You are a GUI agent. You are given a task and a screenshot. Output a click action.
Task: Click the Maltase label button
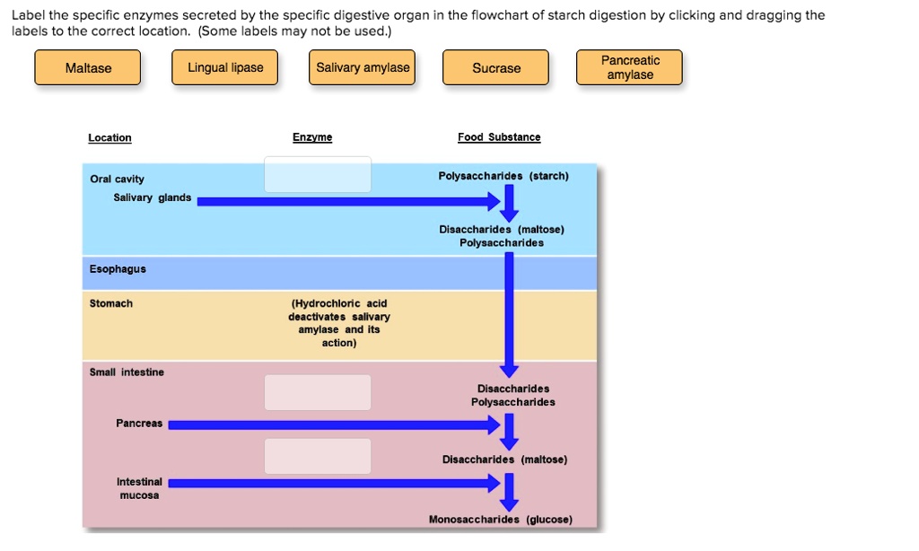(88, 68)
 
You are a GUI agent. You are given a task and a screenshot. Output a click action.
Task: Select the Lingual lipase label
(225, 68)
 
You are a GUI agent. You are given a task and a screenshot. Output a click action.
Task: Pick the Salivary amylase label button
(363, 68)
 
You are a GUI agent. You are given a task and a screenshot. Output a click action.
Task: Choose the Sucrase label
(496, 68)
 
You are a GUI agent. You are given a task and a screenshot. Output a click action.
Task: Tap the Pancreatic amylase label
(630, 68)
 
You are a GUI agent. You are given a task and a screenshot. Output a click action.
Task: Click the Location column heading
(109, 137)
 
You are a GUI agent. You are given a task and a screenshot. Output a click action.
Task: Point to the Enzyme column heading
(312, 137)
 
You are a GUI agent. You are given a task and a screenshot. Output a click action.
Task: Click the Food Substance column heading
(499, 137)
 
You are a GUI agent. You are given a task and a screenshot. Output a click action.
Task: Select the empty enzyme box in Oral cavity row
(318, 174)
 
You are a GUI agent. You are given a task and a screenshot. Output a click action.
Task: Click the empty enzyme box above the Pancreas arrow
(318, 392)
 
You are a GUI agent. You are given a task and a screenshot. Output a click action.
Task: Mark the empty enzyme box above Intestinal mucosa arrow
(318, 456)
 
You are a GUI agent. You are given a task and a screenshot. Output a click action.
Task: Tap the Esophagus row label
(118, 269)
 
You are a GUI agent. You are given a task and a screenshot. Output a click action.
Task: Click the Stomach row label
(111, 303)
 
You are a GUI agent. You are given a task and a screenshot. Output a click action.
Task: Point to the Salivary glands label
(153, 197)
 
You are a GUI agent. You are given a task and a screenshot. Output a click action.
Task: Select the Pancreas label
(139, 424)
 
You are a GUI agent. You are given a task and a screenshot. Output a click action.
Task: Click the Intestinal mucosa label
(139, 488)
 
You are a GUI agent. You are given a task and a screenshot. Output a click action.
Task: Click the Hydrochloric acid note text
(339, 323)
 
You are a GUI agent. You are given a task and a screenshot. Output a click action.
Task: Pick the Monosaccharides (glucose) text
(500, 520)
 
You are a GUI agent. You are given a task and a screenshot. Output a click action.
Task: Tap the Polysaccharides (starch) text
(503, 176)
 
